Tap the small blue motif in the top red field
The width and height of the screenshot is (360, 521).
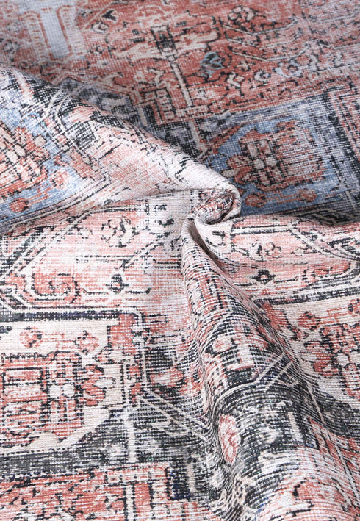pyautogui.click(x=214, y=62)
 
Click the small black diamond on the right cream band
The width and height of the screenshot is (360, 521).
pyautogui.click(x=264, y=277)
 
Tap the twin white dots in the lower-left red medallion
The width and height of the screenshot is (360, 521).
pyautogui.click(x=62, y=390)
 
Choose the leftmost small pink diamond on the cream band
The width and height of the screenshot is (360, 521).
pyautogui.click(x=29, y=337)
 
